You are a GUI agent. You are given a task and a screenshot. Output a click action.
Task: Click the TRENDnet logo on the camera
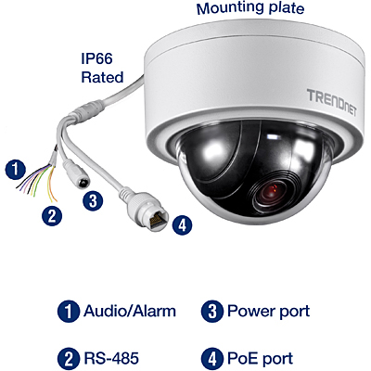(x=331, y=103)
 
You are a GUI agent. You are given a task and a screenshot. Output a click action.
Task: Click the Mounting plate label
(x=250, y=8)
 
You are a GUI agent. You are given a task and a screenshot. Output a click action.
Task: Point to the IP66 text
(x=96, y=58)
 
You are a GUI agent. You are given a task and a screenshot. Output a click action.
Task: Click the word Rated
(x=102, y=77)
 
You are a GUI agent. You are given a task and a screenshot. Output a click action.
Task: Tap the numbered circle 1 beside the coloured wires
(x=16, y=170)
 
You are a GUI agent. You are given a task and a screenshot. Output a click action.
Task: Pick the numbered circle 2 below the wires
(x=52, y=215)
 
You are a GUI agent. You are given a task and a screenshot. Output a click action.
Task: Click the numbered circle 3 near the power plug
(x=93, y=201)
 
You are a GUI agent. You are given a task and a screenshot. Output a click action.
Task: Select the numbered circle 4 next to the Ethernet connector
(x=182, y=224)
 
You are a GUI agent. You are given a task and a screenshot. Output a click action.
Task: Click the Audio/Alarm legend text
(x=130, y=311)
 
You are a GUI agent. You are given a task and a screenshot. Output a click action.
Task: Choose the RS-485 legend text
(x=111, y=359)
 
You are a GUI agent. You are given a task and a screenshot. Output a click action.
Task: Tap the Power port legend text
(x=268, y=312)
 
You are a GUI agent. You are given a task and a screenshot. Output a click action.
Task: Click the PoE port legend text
(x=261, y=359)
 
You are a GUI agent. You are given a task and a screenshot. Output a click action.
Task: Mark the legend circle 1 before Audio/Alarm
(x=69, y=312)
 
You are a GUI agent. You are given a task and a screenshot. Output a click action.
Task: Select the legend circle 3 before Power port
(x=212, y=312)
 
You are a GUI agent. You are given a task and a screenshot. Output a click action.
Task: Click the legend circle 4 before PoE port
(x=212, y=359)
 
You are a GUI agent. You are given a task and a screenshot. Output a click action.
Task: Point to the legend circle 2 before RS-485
(x=69, y=359)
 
